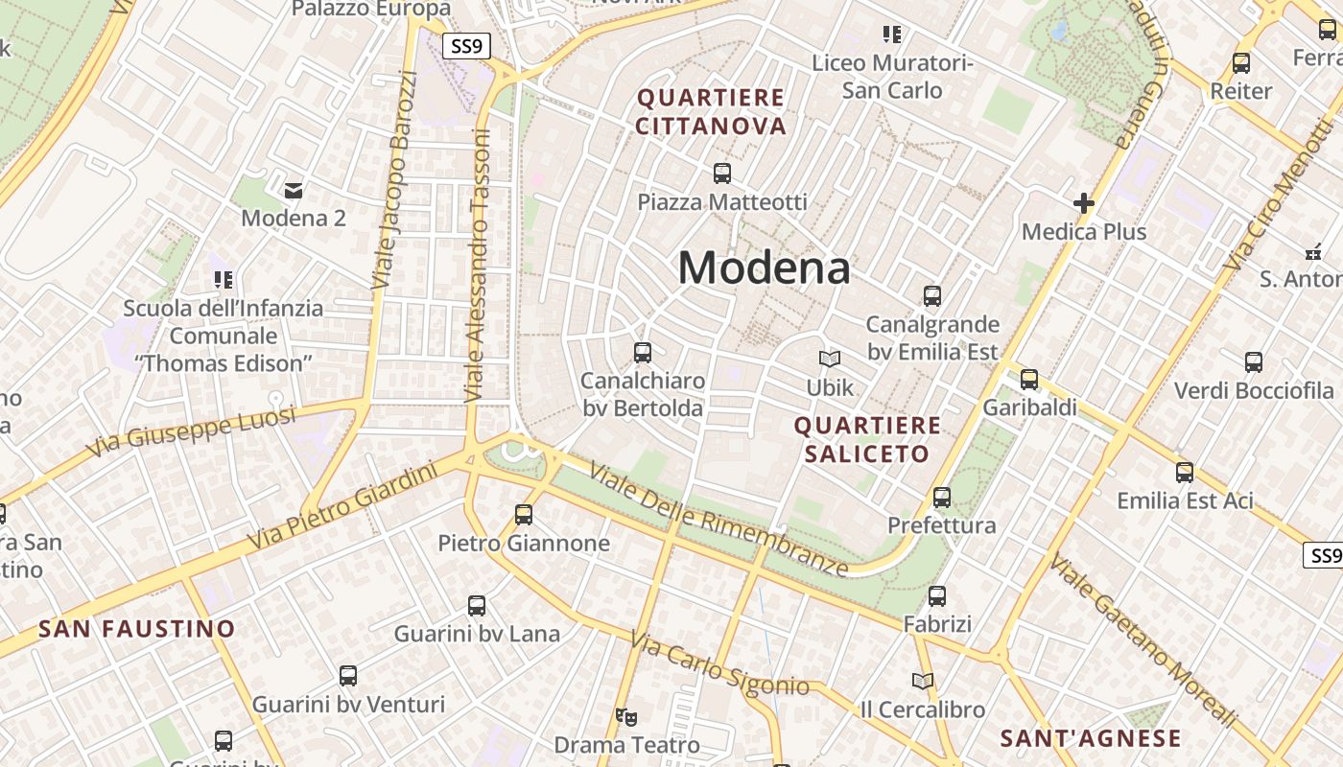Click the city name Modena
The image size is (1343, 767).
764,267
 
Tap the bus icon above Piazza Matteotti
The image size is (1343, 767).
722,174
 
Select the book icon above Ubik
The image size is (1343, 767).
830,359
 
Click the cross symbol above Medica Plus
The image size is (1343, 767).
1084,203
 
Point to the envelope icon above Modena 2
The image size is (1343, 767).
294,190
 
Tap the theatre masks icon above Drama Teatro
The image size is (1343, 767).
626,716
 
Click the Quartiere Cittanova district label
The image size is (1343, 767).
711,111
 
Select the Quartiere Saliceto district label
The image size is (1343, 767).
867,439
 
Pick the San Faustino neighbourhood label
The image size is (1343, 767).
136,629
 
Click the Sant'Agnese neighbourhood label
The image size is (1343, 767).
1091,738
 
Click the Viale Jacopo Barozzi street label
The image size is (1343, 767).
394,180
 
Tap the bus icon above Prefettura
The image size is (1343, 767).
942,498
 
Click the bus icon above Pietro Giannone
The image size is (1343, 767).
524,515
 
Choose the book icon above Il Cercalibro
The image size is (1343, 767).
923,681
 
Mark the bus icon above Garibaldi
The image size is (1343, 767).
1029,380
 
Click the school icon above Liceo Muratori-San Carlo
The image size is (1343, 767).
892,35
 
